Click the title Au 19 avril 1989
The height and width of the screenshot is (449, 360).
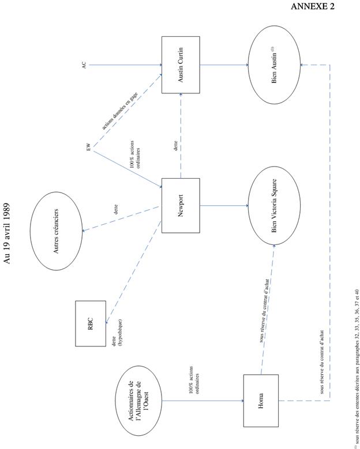point(7,233)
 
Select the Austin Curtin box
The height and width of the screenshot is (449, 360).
point(181,65)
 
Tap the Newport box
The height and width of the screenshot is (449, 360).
point(181,206)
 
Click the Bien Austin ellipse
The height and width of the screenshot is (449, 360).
point(274,65)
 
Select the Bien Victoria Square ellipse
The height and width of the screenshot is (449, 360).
point(274,206)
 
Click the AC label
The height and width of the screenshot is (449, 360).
point(84,65)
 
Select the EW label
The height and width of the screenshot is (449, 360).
point(88,149)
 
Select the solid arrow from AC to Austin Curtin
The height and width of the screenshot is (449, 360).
point(124,65)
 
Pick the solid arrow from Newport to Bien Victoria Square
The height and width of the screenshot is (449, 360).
point(224,206)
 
